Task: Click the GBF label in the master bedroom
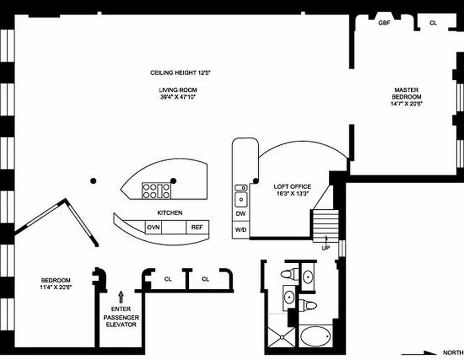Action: click(384, 23)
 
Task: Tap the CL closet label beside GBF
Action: click(433, 23)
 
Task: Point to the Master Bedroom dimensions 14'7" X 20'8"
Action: click(406, 103)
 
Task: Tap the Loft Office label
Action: click(292, 187)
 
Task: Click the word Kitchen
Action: click(169, 213)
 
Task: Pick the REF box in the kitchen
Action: click(197, 227)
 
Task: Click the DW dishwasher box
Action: click(241, 214)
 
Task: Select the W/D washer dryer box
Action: click(241, 230)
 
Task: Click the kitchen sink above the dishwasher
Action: click(241, 198)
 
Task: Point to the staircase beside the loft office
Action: click(325, 223)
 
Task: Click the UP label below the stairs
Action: click(325, 248)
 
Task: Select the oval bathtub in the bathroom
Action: click(315, 337)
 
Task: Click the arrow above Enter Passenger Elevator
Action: click(120, 296)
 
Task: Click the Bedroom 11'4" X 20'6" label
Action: click(56, 283)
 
